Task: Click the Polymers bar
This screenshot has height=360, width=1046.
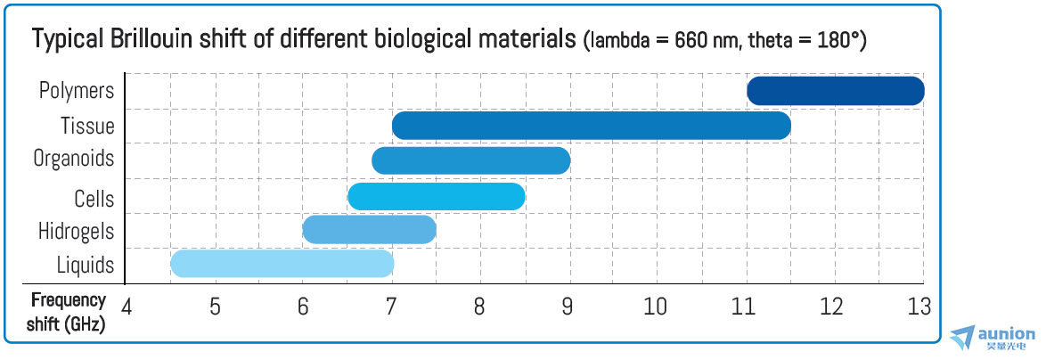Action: [835, 91]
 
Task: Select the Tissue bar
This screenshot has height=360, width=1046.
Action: [591, 126]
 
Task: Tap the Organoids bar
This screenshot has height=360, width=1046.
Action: [470, 160]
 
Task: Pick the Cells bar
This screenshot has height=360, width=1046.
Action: [436, 196]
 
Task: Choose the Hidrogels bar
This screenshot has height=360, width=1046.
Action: [369, 230]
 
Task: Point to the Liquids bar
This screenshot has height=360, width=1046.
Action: [282, 264]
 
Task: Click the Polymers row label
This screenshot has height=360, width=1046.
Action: [77, 91]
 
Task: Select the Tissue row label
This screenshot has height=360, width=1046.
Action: [87, 126]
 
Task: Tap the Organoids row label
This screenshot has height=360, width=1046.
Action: [74, 160]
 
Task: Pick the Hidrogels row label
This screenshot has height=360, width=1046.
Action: [76, 232]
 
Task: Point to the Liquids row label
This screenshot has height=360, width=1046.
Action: [86, 266]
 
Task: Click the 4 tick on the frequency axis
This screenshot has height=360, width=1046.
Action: [127, 307]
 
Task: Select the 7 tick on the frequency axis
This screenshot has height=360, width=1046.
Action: [391, 307]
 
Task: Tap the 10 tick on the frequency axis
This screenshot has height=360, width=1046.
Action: [655, 307]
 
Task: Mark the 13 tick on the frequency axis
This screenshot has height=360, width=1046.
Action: [919, 307]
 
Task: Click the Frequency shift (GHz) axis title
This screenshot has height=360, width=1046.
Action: [69, 312]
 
